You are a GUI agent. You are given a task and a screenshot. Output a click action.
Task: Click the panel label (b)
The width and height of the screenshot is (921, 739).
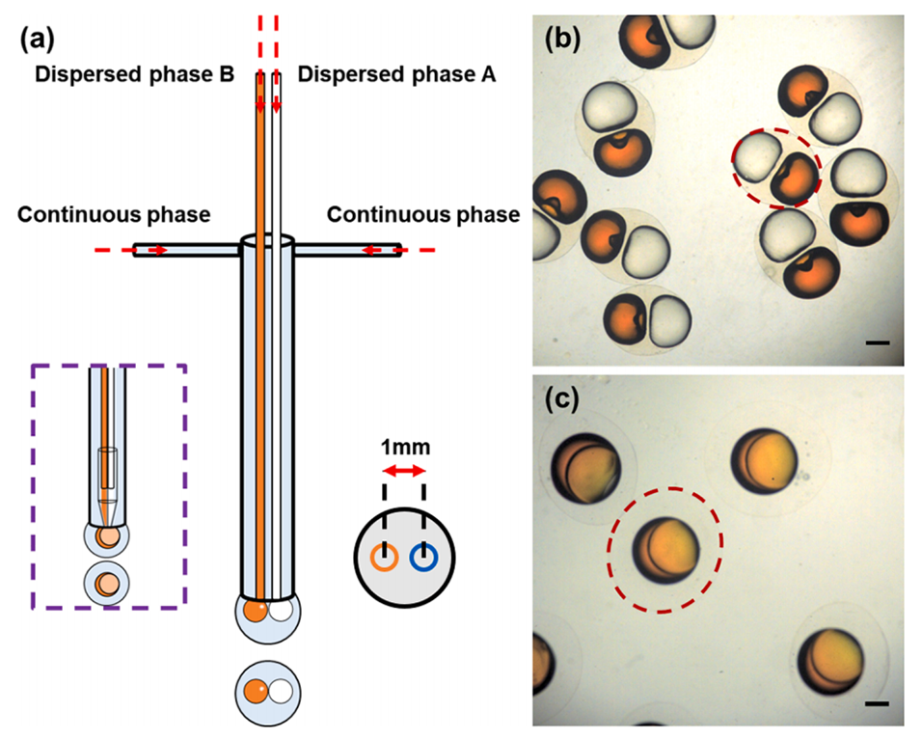click(563, 40)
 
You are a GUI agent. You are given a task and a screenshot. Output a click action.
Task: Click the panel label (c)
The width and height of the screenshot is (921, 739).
click(563, 397)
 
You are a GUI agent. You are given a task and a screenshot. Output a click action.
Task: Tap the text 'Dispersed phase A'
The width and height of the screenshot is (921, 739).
click(396, 74)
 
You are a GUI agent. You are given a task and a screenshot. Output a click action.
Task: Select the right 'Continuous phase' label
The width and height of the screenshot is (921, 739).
click(422, 214)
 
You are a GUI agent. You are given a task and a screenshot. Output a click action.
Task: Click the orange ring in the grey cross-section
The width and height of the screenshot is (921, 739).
click(387, 557)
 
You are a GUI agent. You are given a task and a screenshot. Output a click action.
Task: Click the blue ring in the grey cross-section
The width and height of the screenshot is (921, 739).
click(423, 557)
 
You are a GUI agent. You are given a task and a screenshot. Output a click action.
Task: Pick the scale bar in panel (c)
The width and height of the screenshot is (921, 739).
click(876, 703)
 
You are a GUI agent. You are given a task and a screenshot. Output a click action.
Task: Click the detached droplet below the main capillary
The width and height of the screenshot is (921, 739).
click(267, 690)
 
